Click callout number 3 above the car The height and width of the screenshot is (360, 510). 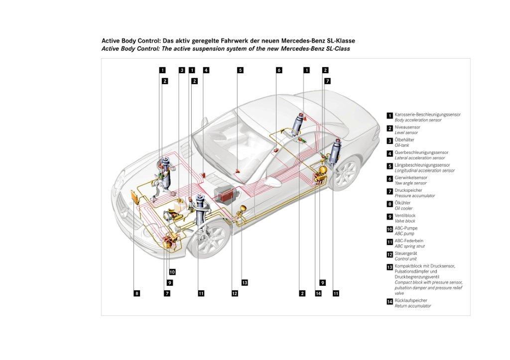(x=182, y=70)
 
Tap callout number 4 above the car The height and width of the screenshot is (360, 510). (x=206, y=70)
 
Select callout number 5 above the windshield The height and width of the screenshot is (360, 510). (x=240, y=70)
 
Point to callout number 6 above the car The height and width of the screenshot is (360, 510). (x=279, y=70)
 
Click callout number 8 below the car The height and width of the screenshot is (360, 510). (x=137, y=294)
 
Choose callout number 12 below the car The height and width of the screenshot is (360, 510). (x=235, y=294)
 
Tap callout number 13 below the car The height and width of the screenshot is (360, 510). (x=245, y=283)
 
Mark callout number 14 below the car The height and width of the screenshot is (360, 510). (x=318, y=294)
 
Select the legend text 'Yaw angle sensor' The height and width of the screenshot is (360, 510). (x=411, y=183)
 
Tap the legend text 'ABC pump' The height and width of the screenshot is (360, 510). (x=404, y=234)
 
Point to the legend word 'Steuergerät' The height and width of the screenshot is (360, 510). (x=406, y=253)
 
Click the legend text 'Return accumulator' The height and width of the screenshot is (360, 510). (x=413, y=306)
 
